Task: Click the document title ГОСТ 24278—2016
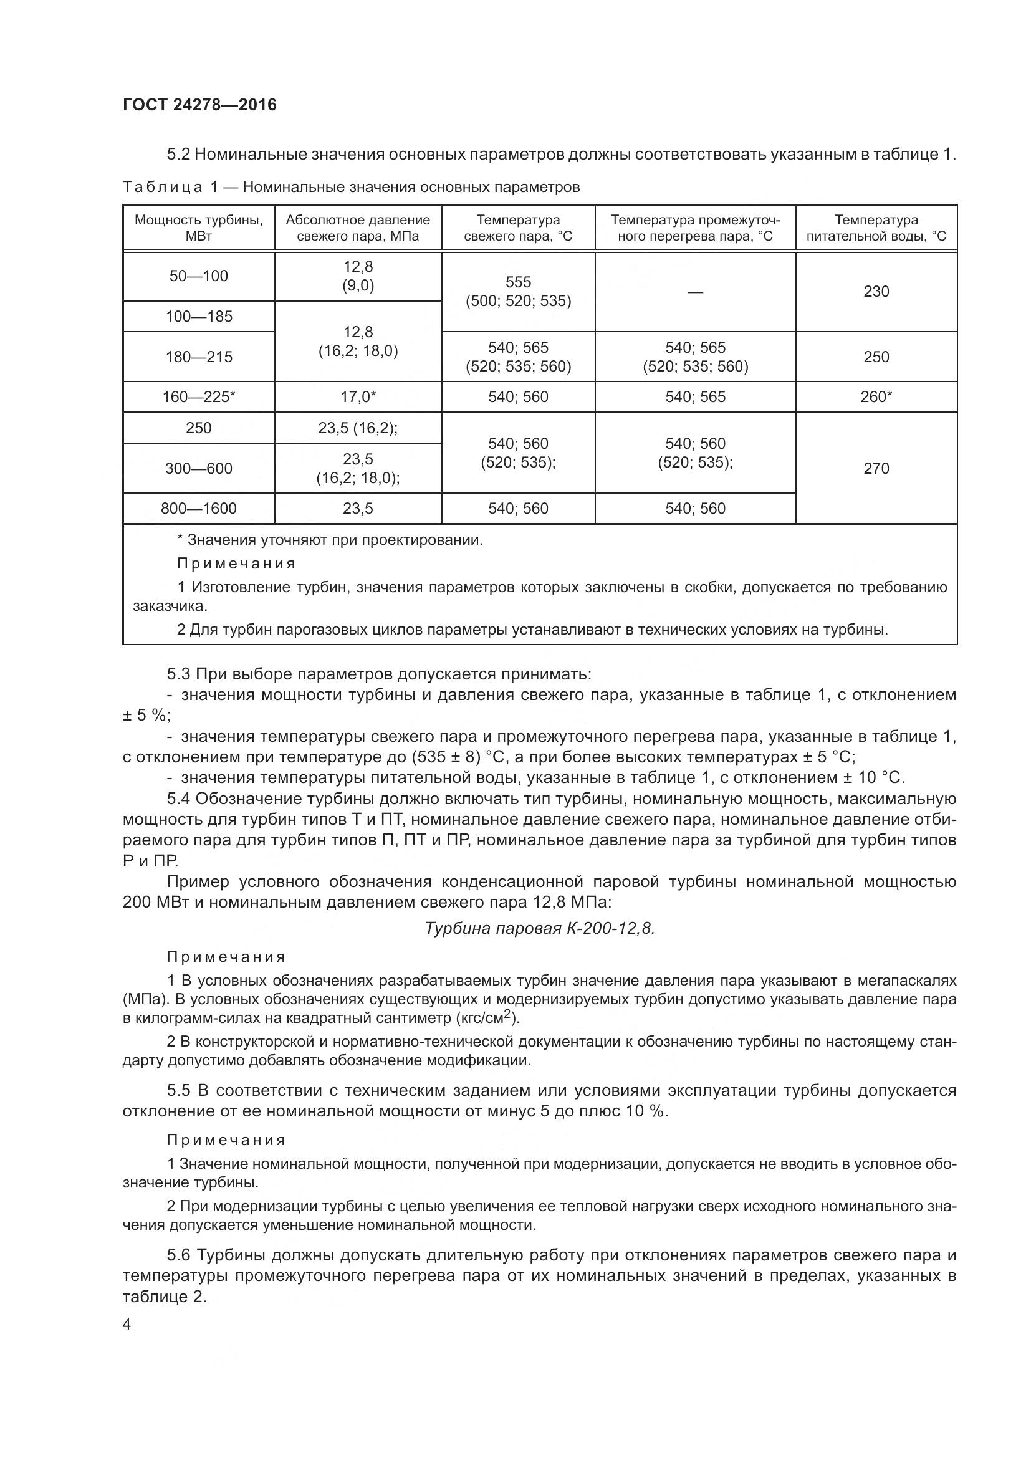[x=199, y=105]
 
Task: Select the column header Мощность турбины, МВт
[x=199, y=228]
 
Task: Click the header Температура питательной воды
[x=875, y=228]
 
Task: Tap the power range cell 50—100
[x=199, y=276]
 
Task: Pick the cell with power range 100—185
[x=199, y=316]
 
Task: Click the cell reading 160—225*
[x=199, y=397]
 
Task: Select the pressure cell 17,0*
[x=358, y=397]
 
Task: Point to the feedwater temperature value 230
[x=875, y=292]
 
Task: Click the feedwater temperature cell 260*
[x=875, y=397]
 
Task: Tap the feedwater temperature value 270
[x=875, y=468]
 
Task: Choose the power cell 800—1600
[x=199, y=508]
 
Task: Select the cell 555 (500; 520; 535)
[x=518, y=292]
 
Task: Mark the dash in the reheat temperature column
[x=695, y=292]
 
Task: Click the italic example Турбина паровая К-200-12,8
[x=540, y=928]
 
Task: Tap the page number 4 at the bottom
[x=127, y=1325]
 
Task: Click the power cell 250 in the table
[x=199, y=428]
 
